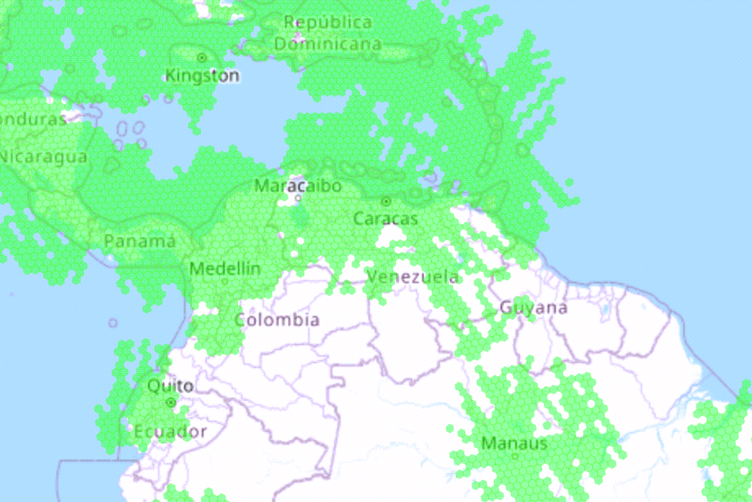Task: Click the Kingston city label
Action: pos(202,76)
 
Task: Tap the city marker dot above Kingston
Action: pos(202,58)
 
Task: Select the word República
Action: pos(328,22)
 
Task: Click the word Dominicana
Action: pos(328,44)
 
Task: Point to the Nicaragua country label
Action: pos(43,157)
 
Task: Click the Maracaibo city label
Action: pos(298,185)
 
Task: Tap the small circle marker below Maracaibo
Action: pos(298,197)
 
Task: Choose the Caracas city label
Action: pos(386,218)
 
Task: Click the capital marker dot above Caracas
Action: pos(386,201)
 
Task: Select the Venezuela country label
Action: pos(413,276)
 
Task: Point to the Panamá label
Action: pos(140,241)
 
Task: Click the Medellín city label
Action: pos(225,269)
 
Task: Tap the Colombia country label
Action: pos(277,320)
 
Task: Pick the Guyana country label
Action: pos(533,308)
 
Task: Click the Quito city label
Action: pos(171,386)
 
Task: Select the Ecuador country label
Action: pos(170,433)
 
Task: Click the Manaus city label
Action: pos(515,443)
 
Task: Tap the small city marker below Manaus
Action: pos(515,456)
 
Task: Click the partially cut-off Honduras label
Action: pos(33,120)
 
